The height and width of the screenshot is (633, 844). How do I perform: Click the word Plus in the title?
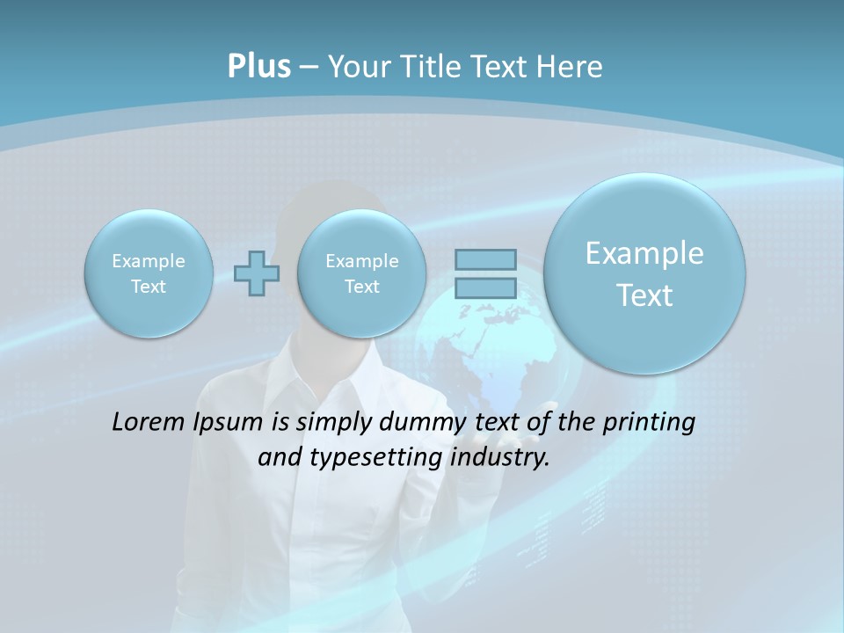(258, 67)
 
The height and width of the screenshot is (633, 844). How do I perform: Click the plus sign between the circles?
(257, 273)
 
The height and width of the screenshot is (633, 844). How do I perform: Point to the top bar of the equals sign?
(485, 259)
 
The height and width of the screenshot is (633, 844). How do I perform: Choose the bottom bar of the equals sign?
(485, 287)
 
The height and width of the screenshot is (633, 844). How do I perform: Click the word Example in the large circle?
(644, 253)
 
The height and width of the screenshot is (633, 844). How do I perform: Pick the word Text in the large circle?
(644, 295)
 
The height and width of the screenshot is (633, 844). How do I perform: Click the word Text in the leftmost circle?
(149, 287)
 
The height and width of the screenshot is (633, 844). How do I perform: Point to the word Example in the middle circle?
(361, 261)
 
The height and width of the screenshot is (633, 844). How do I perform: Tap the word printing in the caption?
(649, 422)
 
